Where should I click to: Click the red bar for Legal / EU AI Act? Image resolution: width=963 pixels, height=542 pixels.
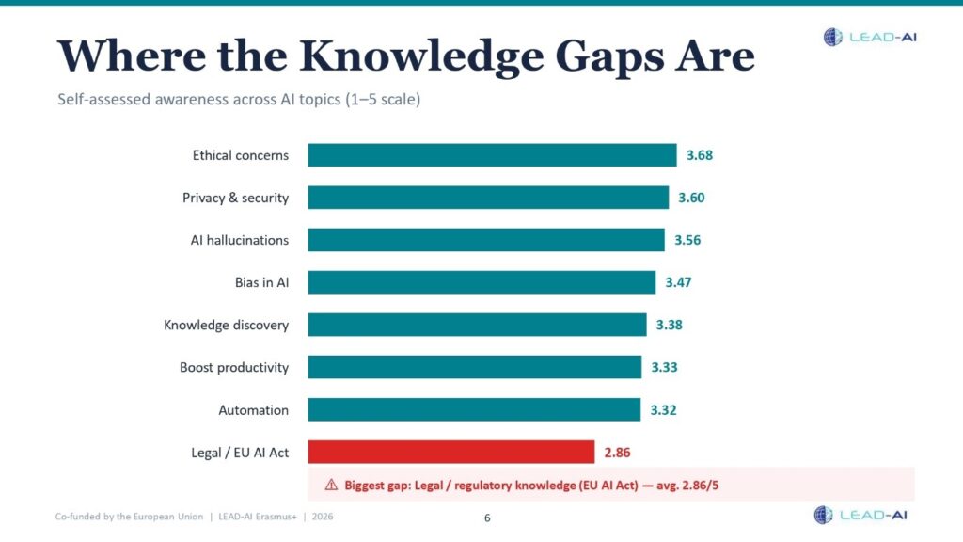pyautogui.click(x=451, y=453)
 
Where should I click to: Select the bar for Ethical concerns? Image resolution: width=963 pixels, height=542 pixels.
pyautogui.click(x=492, y=155)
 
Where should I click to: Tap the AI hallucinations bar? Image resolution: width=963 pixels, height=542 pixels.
pyautogui.click(x=486, y=240)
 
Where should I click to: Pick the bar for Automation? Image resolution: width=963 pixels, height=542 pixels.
pyautogui.click(x=474, y=410)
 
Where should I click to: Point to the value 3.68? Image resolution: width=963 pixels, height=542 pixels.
pyautogui.click(x=700, y=155)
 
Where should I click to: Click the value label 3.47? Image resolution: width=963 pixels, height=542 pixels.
pyautogui.click(x=678, y=282)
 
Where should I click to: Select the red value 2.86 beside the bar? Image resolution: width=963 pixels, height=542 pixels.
pyautogui.click(x=617, y=453)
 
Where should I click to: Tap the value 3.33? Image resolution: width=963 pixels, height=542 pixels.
pyautogui.click(x=664, y=367)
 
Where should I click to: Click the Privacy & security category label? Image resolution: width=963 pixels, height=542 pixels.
pyautogui.click(x=235, y=198)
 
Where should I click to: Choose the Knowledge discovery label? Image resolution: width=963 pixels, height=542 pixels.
pyautogui.click(x=226, y=325)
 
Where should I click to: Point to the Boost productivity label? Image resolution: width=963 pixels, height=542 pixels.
pyautogui.click(x=234, y=367)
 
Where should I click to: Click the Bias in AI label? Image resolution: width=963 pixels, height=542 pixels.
pyautogui.click(x=261, y=282)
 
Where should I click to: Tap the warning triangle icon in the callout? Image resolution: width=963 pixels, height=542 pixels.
pyautogui.click(x=331, y=485)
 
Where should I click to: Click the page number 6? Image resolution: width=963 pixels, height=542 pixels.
pyautogui.click(x=487, y=518)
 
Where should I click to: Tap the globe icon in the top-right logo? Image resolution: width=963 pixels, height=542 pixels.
pyautogui.click(x=833, y=38)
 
